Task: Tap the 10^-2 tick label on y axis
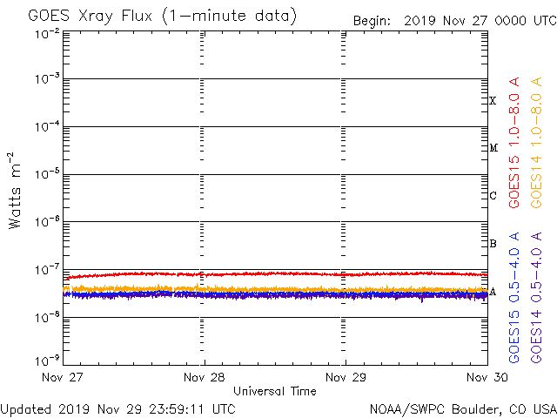click(x=47, y=34)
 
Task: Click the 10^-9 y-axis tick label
click(x=47, y=359)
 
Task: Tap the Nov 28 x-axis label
click(x=205, y=379)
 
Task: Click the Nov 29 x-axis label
click(x=345, y=379)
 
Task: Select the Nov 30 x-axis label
click(x=484, y=379)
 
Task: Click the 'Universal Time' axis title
click(x=274, y=391)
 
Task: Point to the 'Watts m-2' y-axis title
click(x=16, y=191)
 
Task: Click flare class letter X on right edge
click(x=493, y=101)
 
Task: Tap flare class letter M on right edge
click(x=493, y=148)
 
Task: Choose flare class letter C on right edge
click(x=493, y=196)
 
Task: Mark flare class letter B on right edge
click(x=493, y=244)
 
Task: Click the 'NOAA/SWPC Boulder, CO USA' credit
click(x=462, y=408)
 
